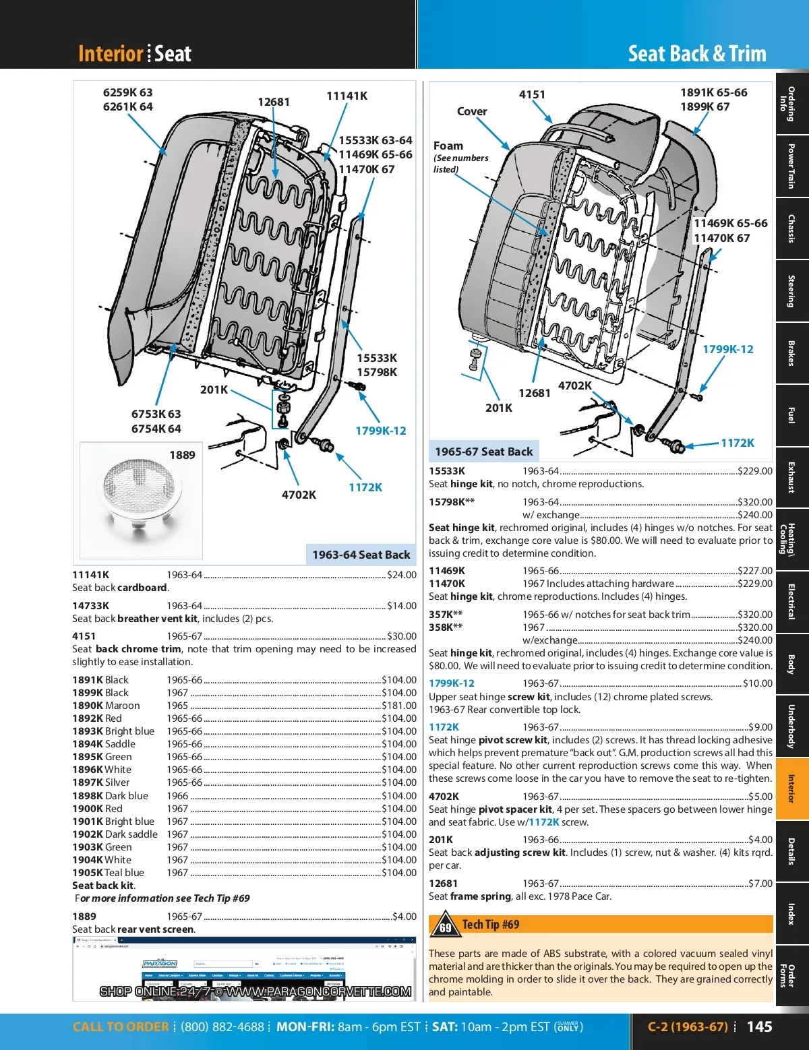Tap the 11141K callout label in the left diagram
tap(347, 96)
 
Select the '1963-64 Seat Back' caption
tap(361, 555)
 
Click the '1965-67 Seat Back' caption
tap(483, 452)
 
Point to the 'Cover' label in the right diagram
tap(471, 111)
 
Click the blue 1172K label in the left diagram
tap(365, 487)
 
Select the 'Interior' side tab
tap(791, 789)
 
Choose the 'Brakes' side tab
tap(791, 353)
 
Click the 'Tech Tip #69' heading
tap(490, 925)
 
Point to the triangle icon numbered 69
tap(445, 925)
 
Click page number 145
tap(759, 1026)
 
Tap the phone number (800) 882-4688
tap(222, 1027)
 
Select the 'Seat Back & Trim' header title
tap(696, 53)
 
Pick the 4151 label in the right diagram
tap(532, 94)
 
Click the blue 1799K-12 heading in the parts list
tap(452, 683)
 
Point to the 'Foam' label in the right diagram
tap(448, 146)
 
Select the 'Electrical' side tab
tap(791, 601)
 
